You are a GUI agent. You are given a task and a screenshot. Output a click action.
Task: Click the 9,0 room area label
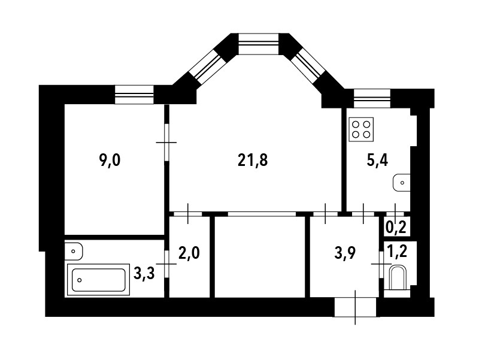pyautogui.click(x=110, y=160)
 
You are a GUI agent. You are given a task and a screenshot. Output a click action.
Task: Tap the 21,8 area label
pyautogui.click(x=252, y=160)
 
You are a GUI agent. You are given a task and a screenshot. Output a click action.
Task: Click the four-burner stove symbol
pyautogui.click(x=361, y=129)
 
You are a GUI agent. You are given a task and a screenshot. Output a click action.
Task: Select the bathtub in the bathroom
pyautogui.click(x=99, y=279)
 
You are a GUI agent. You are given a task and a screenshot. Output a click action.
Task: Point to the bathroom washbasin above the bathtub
pyautogui.click(x=73, y=249)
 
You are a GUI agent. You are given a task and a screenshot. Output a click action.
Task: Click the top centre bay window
pyautogui.click(x=259, y=44)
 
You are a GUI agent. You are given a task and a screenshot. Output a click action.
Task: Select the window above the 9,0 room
pyautogui.click(x=134, y=95)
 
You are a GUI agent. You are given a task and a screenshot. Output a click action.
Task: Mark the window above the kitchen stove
pyautogui.click(x=372, y=98)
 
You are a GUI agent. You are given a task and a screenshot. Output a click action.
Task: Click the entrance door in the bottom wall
pyautogui.click(x=356, y=307)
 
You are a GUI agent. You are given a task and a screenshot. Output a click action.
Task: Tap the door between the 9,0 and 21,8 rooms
pyautogui.click(x=167, y=142)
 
